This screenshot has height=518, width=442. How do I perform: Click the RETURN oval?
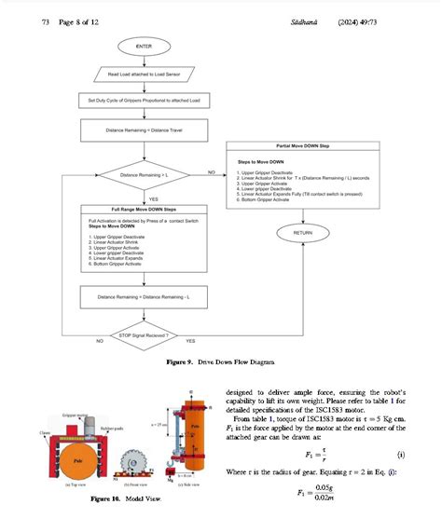click(303, 232)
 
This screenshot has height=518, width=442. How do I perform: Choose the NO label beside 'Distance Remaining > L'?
click(211, 170)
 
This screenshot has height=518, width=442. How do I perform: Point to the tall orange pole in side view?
click(193, 429)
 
